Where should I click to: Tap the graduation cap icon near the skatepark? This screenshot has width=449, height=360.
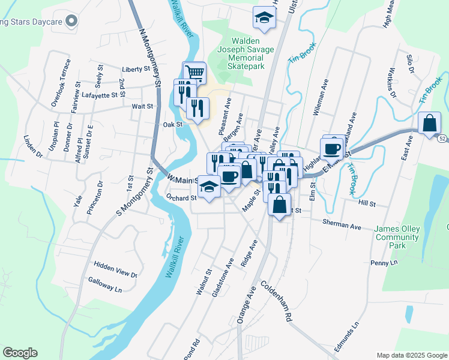(x=263, y=18)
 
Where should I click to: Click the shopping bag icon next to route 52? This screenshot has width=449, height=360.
(x=430, y=124)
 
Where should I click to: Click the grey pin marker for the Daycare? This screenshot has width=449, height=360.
(x=71, y=22)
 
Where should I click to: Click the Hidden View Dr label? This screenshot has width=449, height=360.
(x=116, y=269)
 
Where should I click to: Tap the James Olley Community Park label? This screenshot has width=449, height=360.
(x=397, y=237)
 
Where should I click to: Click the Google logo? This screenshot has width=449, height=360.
(x=20, y=353)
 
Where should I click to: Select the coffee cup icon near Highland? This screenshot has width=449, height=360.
(x=332, y=148)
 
